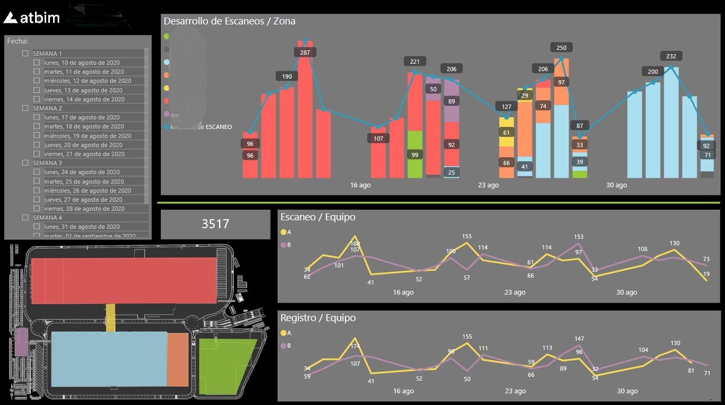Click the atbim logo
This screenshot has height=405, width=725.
pyautogui.click(x=31, y=18)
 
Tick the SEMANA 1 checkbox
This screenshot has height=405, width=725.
pyautogui.click(x=25, y=54)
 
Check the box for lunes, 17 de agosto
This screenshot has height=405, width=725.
pyautogui.click(x=37, y=117)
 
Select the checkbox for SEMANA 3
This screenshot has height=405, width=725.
pyautogui.click(x=25, y=163)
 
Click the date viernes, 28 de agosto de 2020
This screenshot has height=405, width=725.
pyautogui.click(x=84, y=209)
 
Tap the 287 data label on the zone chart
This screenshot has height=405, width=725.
pyautogui.click(x=305, y=53)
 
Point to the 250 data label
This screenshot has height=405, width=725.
pyautogui.click(x=562, y=48)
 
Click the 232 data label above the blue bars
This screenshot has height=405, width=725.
pyautogui.click(x=671, y=56)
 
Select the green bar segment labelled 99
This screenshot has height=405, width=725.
pyautogui.click(x=415, y=154)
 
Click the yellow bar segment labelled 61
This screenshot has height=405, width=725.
pyautogui.click(x=506, y=133)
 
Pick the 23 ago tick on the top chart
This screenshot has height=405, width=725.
pyautogui.click(x=488, y=185)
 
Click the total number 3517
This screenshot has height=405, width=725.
pyautogui.click(x=215, y=224)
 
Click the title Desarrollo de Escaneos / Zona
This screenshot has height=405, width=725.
pyautogui.click(x=229, y=21)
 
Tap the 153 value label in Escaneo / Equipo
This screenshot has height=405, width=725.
pyautogui.click(x=579, y=237)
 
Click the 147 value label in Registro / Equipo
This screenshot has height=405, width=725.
pyautogui.click(x=579, y=339)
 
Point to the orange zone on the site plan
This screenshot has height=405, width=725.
pyautogui.click(x=177, y=360)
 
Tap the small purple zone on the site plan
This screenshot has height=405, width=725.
pyautogui.click(x=21, y=342)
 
